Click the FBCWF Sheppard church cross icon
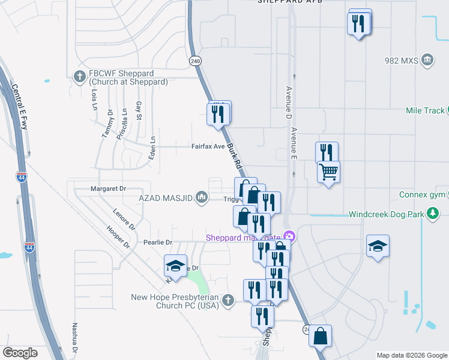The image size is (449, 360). pos(79,76)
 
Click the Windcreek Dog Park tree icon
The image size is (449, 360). pos(432,214)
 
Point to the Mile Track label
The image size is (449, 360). pos(425,110)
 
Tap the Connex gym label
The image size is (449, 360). pos(421,195)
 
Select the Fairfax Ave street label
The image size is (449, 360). pos(208,146)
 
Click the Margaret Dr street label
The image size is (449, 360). pos(107,188)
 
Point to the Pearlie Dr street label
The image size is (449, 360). pos(158,242)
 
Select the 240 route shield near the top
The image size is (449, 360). pos(195,61)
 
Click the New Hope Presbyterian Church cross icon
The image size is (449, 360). pos(227,300)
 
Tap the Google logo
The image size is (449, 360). pos(20,353)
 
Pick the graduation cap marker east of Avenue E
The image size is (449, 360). pos(378,246)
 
